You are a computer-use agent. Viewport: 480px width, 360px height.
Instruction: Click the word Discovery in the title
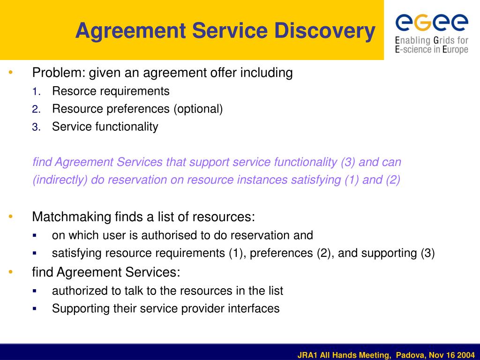[325, 30]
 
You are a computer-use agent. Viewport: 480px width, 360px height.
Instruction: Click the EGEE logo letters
[432, 22]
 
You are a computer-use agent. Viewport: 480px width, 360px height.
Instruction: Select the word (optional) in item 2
[198, 109]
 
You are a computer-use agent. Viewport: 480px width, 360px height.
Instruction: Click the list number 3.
[36, 127]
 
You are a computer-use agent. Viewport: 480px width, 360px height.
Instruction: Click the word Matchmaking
[72, 217]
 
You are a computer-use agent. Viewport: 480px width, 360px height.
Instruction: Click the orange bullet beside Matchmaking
[11, 217]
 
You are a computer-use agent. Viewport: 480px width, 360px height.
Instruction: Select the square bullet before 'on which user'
[34, 235]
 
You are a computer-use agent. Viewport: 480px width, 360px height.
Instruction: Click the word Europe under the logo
[455, 49]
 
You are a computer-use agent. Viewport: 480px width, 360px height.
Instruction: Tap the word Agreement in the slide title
[131, 30]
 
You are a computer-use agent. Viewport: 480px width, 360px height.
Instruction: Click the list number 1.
[36, 91]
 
